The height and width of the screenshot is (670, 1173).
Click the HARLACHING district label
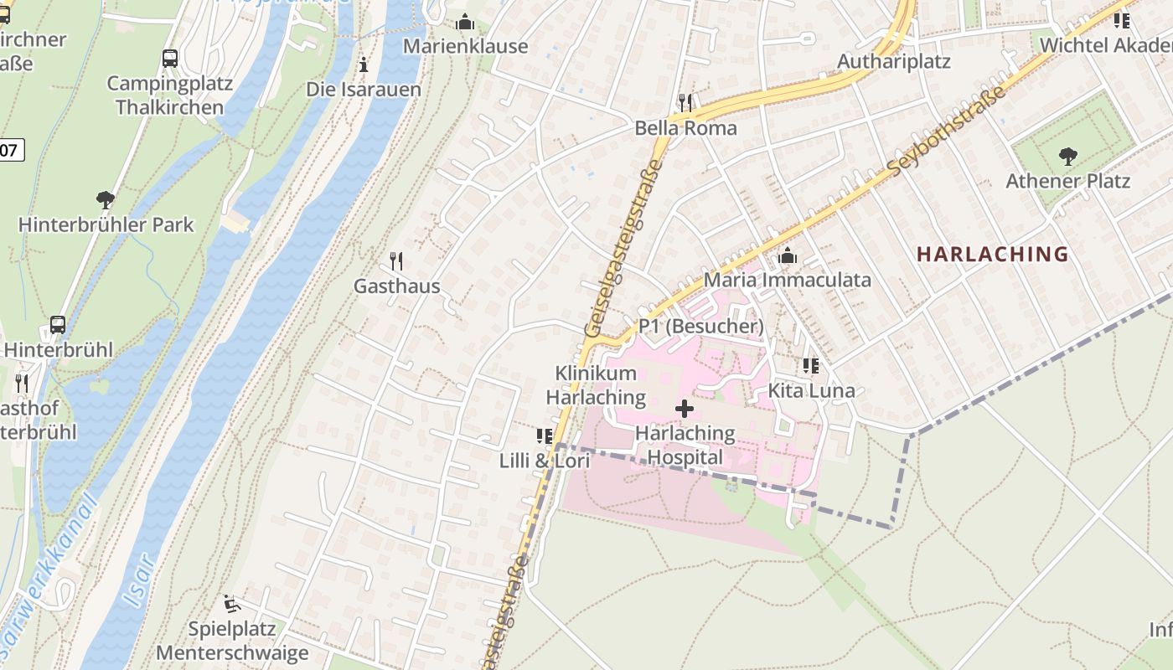992,254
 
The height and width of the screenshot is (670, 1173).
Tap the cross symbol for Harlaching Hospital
685,409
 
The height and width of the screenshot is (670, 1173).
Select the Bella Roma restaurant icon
685,103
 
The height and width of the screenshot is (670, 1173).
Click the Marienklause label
465,46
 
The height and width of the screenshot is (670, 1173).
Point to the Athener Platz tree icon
1067,156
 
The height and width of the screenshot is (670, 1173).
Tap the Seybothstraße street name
947,131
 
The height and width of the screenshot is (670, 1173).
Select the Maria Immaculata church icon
787,256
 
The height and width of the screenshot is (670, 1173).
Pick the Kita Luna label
811,390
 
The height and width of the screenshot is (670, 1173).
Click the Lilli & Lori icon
545,436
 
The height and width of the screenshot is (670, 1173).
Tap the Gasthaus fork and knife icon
396,261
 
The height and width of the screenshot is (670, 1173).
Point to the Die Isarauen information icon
363,64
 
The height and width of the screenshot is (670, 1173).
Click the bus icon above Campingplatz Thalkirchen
170,59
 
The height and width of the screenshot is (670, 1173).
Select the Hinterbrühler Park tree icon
106,200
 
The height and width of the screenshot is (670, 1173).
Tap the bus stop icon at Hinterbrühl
58,325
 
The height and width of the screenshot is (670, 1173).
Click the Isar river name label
139,579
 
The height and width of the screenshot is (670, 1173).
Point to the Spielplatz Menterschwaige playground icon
232,604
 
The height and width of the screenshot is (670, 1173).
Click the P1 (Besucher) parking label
700,326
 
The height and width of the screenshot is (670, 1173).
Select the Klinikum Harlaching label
596,385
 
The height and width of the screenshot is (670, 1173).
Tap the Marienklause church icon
465,22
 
